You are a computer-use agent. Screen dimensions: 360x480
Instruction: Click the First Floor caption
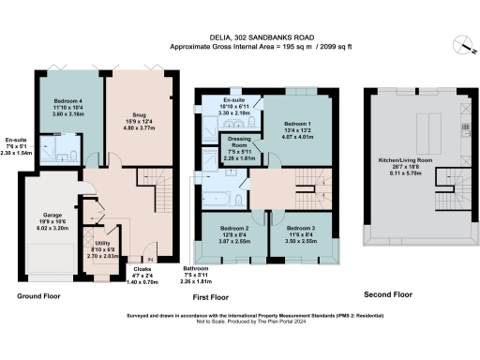click(213, 296)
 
